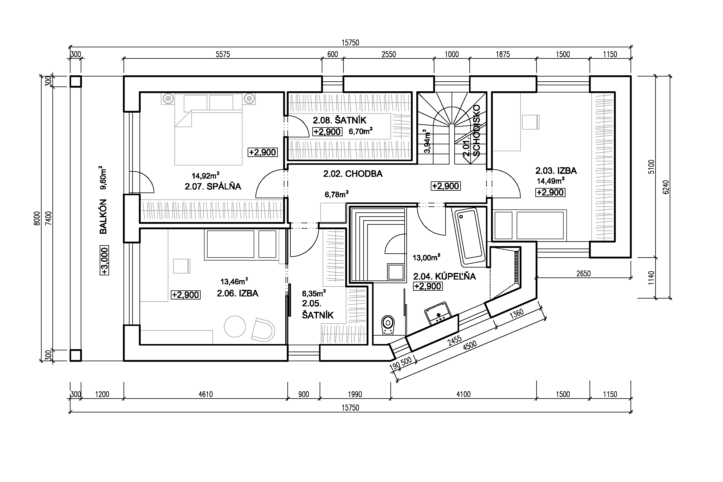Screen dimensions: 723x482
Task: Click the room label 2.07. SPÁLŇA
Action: [213, 186]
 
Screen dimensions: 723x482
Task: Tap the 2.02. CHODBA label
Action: [352, 174]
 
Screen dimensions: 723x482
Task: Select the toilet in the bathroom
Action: [388, 325]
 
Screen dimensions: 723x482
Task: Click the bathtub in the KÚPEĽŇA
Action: [468, 236]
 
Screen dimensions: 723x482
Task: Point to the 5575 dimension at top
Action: [223, 55]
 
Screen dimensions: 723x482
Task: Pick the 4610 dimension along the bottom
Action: [206, 394]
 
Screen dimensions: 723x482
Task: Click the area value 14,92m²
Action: [205, 175]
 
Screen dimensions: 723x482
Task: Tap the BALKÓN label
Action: [103, 216]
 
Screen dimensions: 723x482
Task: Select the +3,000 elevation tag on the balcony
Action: [105, 261]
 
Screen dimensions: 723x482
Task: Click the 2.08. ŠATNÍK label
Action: [340, 120]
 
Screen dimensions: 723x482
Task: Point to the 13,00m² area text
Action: [426, 257]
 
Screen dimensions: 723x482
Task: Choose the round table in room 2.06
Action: [235, 327]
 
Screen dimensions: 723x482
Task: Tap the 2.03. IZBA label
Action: [556, 171]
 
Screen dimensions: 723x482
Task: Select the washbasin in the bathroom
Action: [438, 313]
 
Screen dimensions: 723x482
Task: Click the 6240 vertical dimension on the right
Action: [666, 186]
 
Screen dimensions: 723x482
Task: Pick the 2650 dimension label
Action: [583, 273]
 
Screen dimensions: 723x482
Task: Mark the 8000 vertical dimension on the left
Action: [37, 218]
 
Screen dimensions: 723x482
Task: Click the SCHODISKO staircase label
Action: [476, 130]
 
